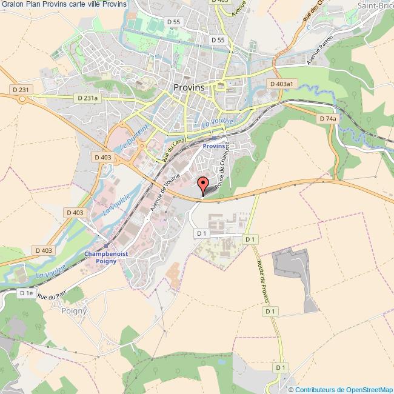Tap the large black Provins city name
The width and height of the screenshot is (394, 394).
pos(190,87)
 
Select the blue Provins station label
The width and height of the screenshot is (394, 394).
pos(213,146)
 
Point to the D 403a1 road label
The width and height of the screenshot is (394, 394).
pos(282,83)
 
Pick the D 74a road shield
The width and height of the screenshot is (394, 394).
pos(327,119)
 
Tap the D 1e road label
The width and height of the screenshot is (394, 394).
pos(25,293)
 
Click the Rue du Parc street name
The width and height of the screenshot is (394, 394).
pos(50,296)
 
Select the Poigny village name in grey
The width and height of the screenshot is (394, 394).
pos(74,310)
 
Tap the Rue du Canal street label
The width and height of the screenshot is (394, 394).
pos(173,149)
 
